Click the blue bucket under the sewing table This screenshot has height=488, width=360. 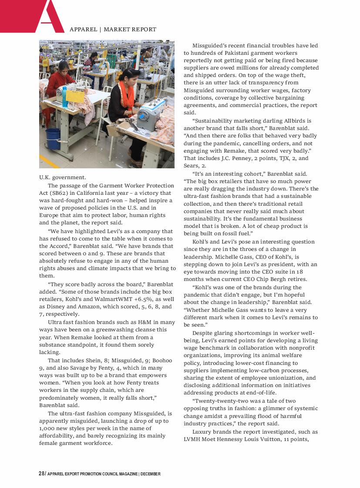(x=53, y=138)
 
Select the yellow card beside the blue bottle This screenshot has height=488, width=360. (x=74, y=97)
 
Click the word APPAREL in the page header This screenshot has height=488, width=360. (x=83, y=30)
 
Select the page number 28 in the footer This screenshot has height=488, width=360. (x=41, y=474)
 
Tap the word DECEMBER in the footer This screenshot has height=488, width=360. (x=151, y=474)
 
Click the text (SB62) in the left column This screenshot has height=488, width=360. (x=60, y=193)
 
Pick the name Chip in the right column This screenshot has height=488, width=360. (x=273, y=279)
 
